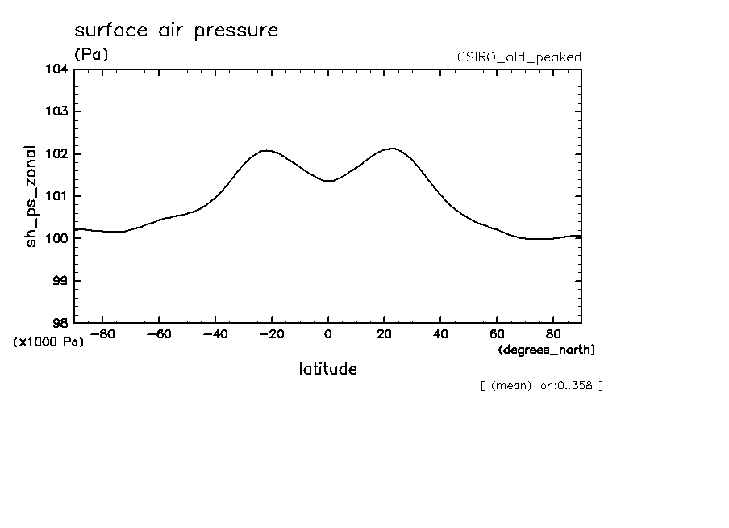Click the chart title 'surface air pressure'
(x=176, y=31)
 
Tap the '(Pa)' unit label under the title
(x=90, y=55)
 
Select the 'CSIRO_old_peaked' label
(x=519, y=57)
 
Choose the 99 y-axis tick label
(x=60, y=281)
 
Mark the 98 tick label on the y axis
(x=60, y=323)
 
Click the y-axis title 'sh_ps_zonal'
(x=31, y=196)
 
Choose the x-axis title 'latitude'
(x=327, y=370)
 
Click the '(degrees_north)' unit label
(x=547, y=350)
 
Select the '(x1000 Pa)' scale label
(x=48, y=342)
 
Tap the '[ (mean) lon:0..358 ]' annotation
(x=541, y=385)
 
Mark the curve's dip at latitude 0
(x=328, y=181)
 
